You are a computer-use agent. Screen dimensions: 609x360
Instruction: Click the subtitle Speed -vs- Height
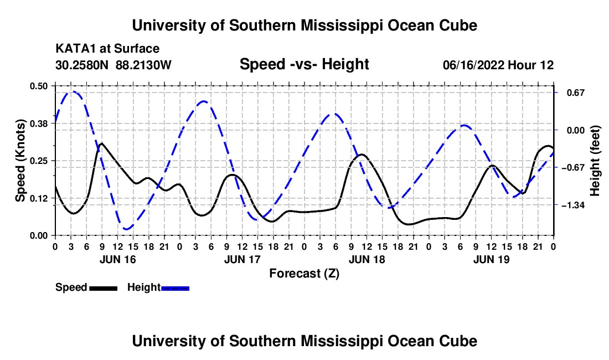click(x=304, y=64)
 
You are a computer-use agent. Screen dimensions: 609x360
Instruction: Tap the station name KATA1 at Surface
click(x=107, y=49)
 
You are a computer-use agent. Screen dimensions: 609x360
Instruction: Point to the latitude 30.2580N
click(x=81, y=65)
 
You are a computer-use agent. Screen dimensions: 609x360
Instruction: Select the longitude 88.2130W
click(x=143, y=65)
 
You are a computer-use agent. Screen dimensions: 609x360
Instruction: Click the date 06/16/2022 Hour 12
click(x=498, y=65)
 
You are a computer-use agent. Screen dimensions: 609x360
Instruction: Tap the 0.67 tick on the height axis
click(x=576, y=92)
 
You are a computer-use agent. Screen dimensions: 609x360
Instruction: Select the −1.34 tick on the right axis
click(x=573, y=205)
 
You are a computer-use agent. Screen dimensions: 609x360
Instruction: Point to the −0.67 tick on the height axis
click(x=573, y=167)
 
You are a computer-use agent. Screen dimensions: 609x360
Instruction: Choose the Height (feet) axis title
click(x=595, y=161)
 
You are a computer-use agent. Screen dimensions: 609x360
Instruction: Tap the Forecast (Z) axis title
click(x=304, y=274)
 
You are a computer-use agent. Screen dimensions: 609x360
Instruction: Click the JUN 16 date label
click(x=118, y=259)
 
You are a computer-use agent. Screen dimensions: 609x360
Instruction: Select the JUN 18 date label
click(x=367, y=259)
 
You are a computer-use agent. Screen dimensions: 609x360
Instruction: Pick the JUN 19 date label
click(x=491, y=259)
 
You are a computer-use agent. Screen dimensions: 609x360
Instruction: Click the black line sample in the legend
click(x=104, y=289)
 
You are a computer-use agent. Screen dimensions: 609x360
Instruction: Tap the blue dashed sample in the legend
click(x=175, y=289)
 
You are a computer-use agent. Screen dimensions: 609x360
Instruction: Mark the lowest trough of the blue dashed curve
click(x=126, y=229)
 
